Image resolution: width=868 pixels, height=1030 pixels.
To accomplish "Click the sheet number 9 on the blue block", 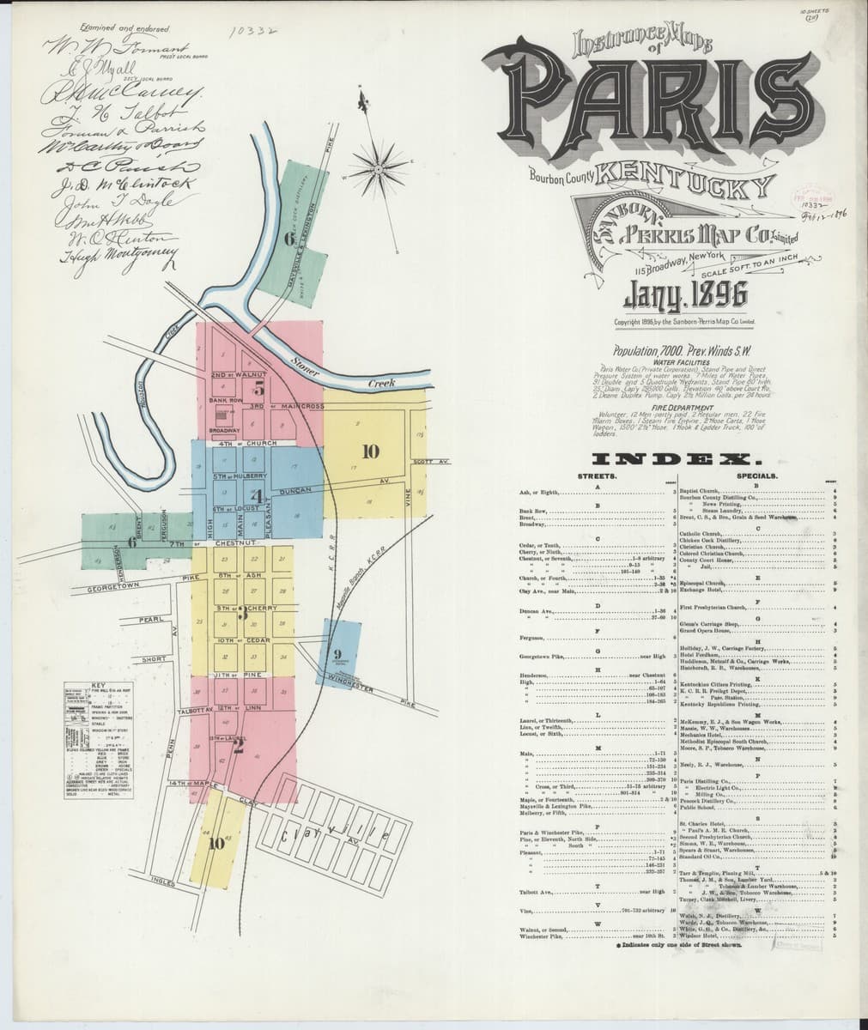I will click(337, 657).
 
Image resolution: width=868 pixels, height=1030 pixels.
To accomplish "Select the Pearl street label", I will click(151, 619).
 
